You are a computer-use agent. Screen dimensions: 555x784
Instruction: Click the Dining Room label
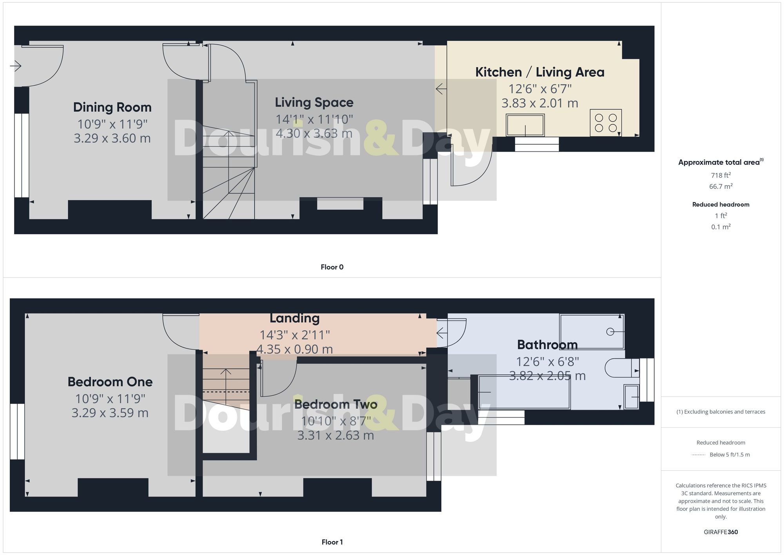112,107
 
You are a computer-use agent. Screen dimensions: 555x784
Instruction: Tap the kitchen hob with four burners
606,123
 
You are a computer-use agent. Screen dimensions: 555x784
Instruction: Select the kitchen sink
525,125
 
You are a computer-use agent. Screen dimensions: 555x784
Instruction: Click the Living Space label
314,102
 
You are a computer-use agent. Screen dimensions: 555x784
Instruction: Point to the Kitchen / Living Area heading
539,72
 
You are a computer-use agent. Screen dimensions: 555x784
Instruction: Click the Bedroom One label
110,382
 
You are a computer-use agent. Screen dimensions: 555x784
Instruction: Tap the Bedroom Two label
336,404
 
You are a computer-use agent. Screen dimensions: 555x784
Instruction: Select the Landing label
294,318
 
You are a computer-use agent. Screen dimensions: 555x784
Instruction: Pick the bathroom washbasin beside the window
631,397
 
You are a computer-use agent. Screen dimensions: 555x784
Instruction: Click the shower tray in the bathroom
592,331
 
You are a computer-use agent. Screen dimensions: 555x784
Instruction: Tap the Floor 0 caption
332,267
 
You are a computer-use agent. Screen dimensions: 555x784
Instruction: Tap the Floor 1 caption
332,542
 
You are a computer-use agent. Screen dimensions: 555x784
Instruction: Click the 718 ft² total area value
720,175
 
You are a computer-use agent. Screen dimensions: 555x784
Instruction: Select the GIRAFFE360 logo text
720,532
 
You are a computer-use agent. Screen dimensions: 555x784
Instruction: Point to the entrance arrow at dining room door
15,66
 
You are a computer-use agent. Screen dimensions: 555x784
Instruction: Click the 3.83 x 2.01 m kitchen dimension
539,103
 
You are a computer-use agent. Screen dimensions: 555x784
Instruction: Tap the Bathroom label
547,345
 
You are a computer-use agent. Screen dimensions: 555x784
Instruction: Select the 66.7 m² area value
720,186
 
